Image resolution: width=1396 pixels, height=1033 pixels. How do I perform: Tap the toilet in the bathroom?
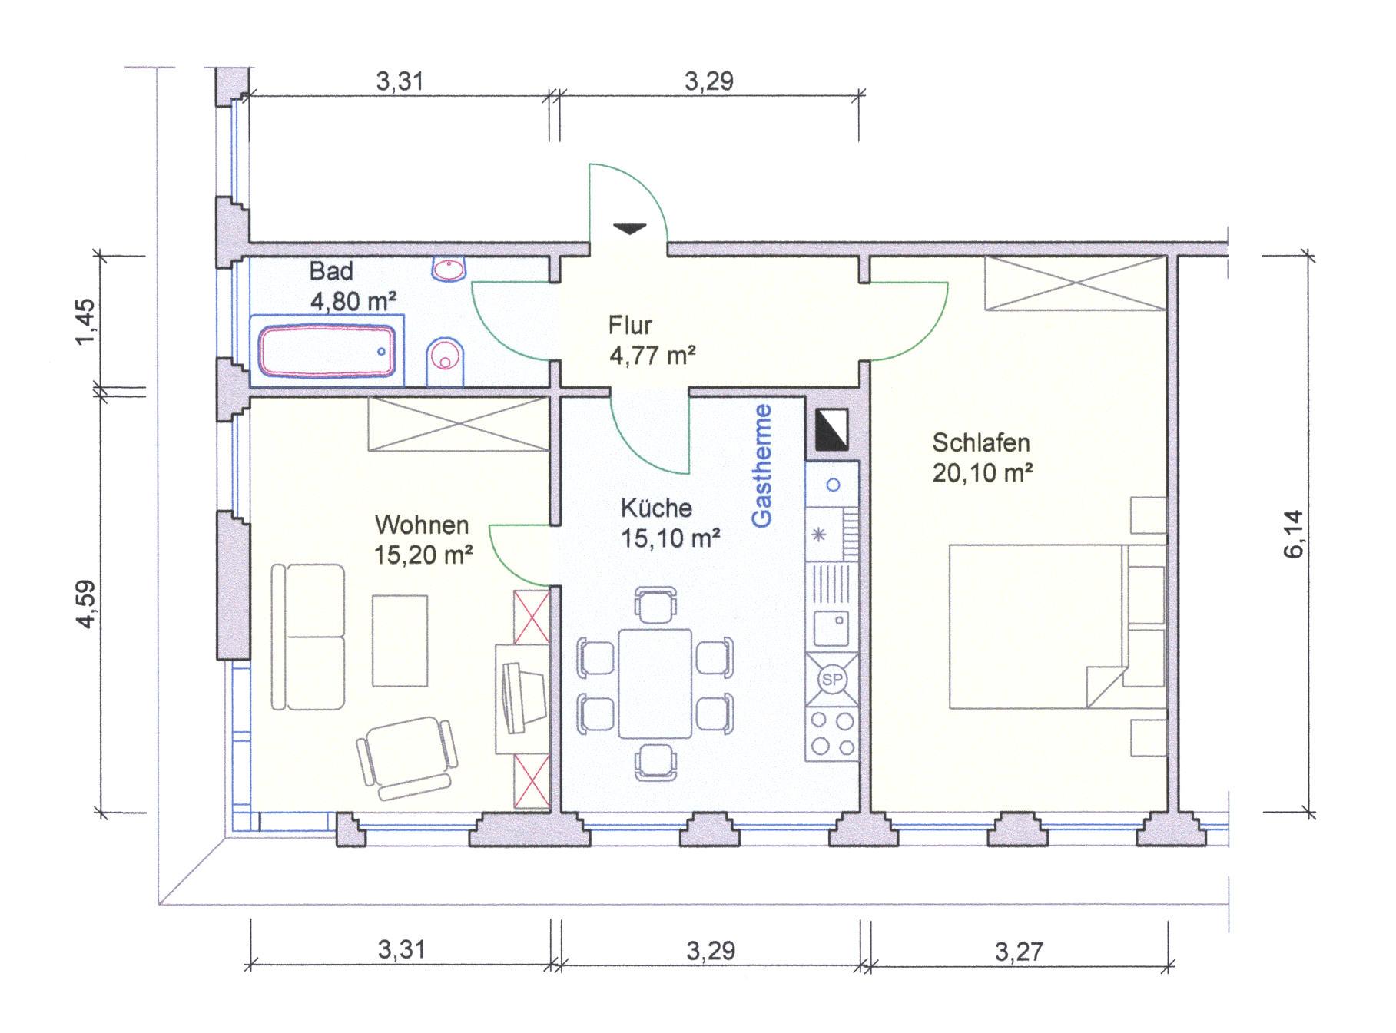[445, 362]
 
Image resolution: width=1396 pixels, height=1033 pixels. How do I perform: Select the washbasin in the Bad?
[449, 270]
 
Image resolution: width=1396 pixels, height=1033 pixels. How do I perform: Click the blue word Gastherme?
[762, 465]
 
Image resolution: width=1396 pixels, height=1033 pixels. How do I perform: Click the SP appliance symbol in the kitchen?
[832, 680]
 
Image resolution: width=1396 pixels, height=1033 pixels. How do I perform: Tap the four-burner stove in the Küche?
[832, 734]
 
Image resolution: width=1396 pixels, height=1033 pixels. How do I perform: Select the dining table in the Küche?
[655, 683]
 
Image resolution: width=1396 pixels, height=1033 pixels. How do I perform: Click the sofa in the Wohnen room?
[307, 637]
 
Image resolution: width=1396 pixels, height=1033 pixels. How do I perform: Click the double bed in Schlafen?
[1037, 626]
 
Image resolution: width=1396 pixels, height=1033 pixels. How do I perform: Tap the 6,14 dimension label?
[1294, 535]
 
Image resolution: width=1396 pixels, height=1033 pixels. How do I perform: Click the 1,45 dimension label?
[87, 321]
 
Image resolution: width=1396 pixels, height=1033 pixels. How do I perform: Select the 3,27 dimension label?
[1020, 952]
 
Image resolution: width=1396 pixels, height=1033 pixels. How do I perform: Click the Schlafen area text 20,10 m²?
[983, 473]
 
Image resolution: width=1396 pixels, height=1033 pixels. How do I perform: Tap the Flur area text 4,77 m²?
[653, 356]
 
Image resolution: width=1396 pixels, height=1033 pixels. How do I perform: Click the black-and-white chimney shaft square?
[832, 429]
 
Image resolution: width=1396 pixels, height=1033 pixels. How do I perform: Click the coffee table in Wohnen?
[400, 641]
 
